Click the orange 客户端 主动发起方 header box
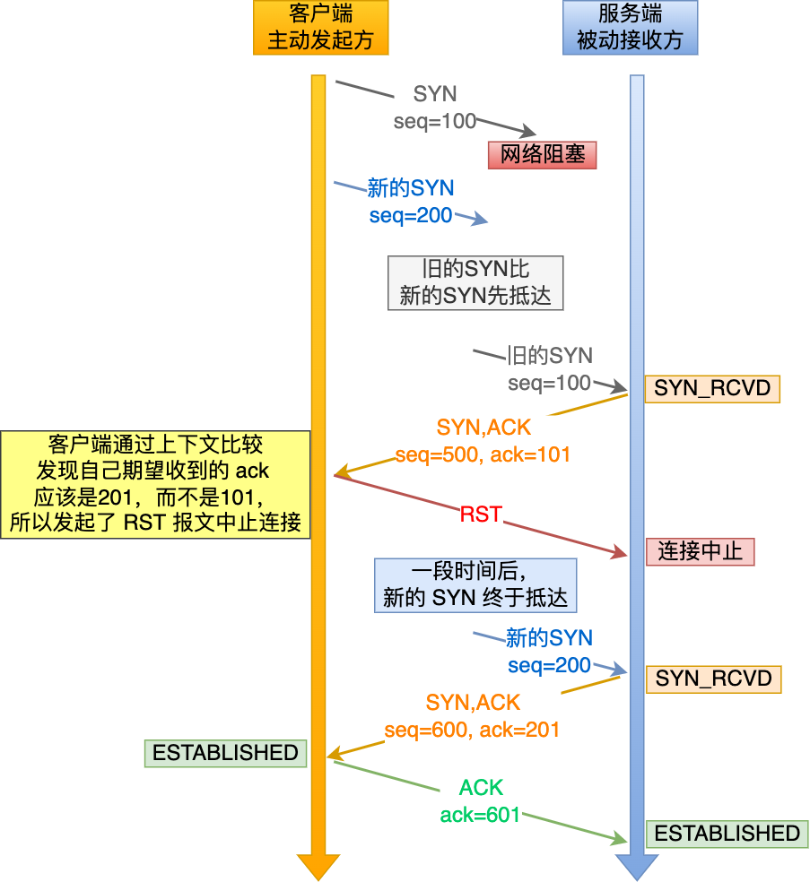[320, 27]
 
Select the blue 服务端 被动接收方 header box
[630, 27]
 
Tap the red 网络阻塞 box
[542, 155]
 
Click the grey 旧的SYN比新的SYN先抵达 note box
[475, 282]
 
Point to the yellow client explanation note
[155, 484]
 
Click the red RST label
[481, 514]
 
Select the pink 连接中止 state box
[700, 551]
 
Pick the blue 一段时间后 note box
[475, 585]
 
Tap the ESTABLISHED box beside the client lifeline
[225, 753]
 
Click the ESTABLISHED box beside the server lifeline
[727, 834]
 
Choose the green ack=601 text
[480, 815]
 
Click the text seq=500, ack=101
[483, 454]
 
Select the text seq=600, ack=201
[472, 730]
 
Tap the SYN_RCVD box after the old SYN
[712, 388]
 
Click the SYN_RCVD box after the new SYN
[713, 678]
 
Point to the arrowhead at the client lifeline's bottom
[318, 866]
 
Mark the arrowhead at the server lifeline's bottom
[637, 866]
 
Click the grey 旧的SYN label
[549, 356]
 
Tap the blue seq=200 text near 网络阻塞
[411, 216]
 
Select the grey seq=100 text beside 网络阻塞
[435, 121]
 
